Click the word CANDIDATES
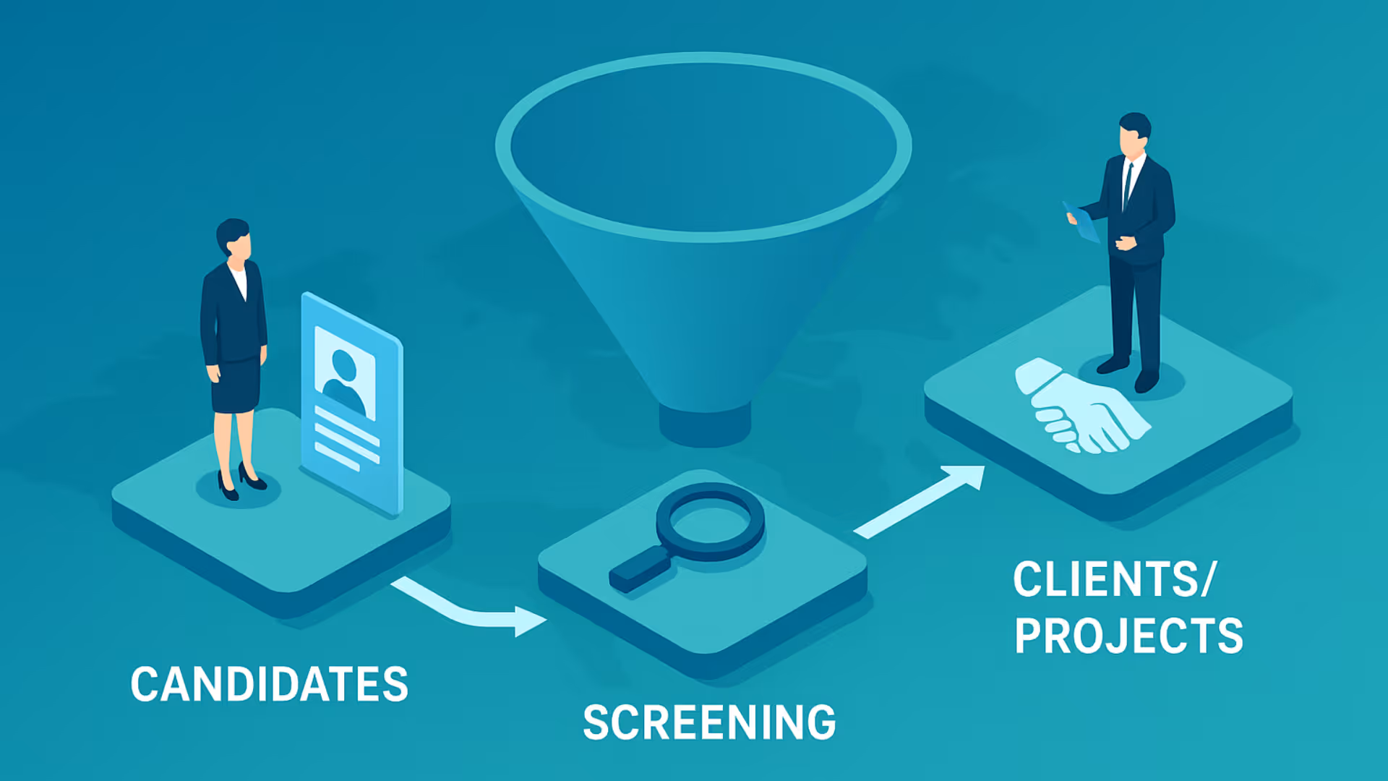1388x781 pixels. pos(270,684)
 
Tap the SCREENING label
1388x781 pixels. pos(709,722)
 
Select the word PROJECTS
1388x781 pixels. pos(1128,636)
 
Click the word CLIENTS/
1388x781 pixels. pos(1115,579)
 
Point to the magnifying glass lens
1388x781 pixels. pos(710,521)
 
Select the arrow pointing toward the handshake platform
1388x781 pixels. pos(920,501)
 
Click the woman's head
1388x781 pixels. pos(234,237)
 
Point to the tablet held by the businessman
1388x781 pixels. pos(1081,221)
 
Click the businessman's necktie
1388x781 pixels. pos(1127,185)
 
